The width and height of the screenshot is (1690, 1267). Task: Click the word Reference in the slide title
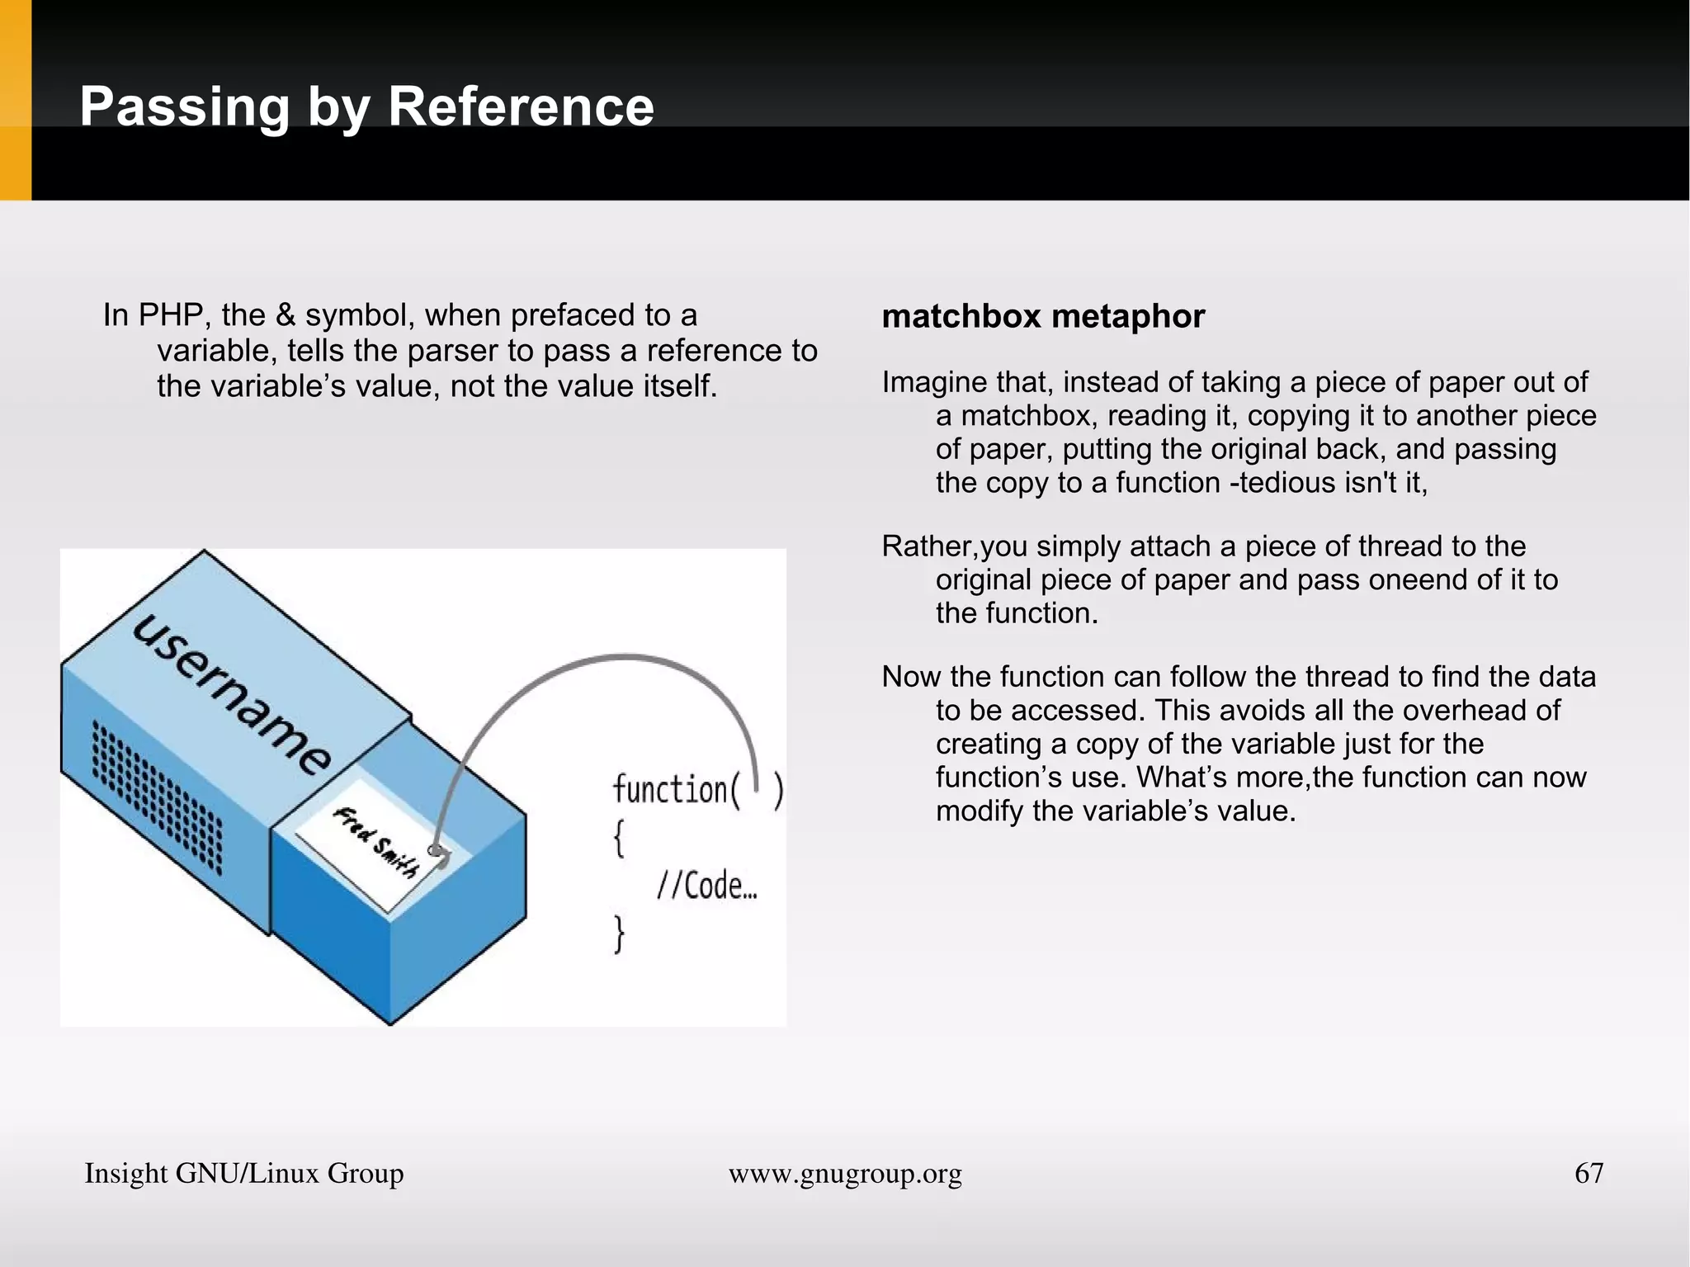pos(521,107)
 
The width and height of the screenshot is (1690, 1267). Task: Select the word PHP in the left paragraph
pos(171,315)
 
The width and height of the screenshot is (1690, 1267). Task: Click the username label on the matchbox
pos(233,694)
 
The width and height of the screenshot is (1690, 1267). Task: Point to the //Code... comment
pos(706,886)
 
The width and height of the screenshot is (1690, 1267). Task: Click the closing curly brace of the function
pos(619,935)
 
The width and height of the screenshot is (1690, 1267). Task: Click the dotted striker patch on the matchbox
pos(157,797)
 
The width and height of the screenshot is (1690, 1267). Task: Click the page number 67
pos(1589,1173)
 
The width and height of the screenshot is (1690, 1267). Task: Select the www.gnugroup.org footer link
pos(845,1174)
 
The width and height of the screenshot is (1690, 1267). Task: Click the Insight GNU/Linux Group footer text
pos(244,1174)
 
